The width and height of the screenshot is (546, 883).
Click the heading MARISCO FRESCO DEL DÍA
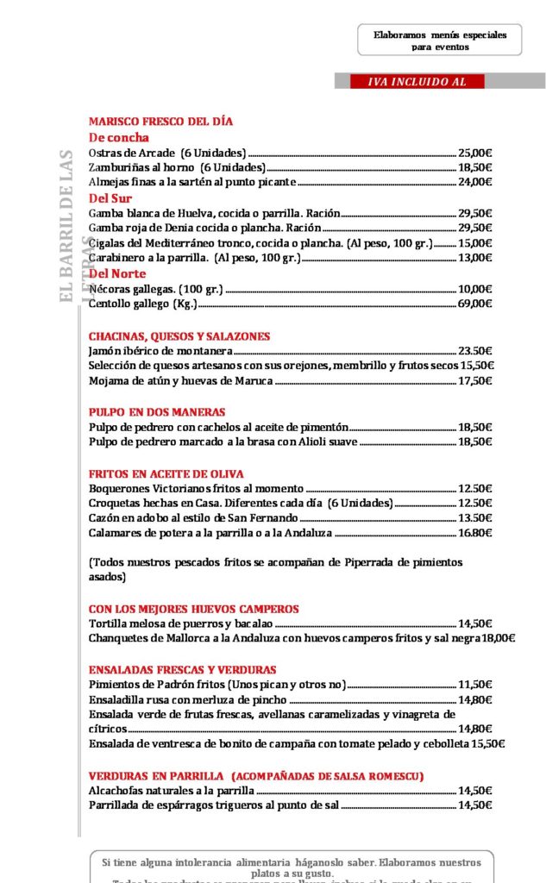[x=160, y=122]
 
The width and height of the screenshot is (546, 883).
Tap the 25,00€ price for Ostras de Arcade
[x=474, y=153]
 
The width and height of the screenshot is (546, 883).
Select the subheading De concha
[x=119, y=137]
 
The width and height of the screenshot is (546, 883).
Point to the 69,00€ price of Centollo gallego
[x=474, y=304]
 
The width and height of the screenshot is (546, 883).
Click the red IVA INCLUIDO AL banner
[x=417, y=82]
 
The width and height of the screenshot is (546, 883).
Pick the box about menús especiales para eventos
[x=440, y=41]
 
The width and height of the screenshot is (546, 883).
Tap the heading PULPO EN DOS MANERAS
[x=157, y=412]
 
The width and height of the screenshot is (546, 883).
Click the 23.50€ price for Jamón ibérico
[x=474, y=351]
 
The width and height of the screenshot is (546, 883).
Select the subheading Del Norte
[x=117, y=273]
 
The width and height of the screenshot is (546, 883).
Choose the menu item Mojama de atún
[x=181, y=380]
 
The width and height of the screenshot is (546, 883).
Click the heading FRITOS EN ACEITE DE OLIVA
[x=166, y=474]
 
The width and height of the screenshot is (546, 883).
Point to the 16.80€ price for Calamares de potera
[x=474, y=533]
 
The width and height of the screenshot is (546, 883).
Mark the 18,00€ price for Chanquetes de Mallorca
[x=498, y=638]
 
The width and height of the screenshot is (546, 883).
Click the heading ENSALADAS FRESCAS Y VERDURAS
[x=183, y=670]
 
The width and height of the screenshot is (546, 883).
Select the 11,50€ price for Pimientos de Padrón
[x=474, y=685]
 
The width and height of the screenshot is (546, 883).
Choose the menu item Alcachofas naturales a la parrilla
[x=172, y=790]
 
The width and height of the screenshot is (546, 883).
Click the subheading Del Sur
[x=110, y=197]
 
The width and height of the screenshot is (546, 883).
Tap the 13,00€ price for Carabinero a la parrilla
[x=474, y=258]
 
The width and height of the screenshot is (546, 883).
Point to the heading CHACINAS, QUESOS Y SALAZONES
[x=179, y=336]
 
